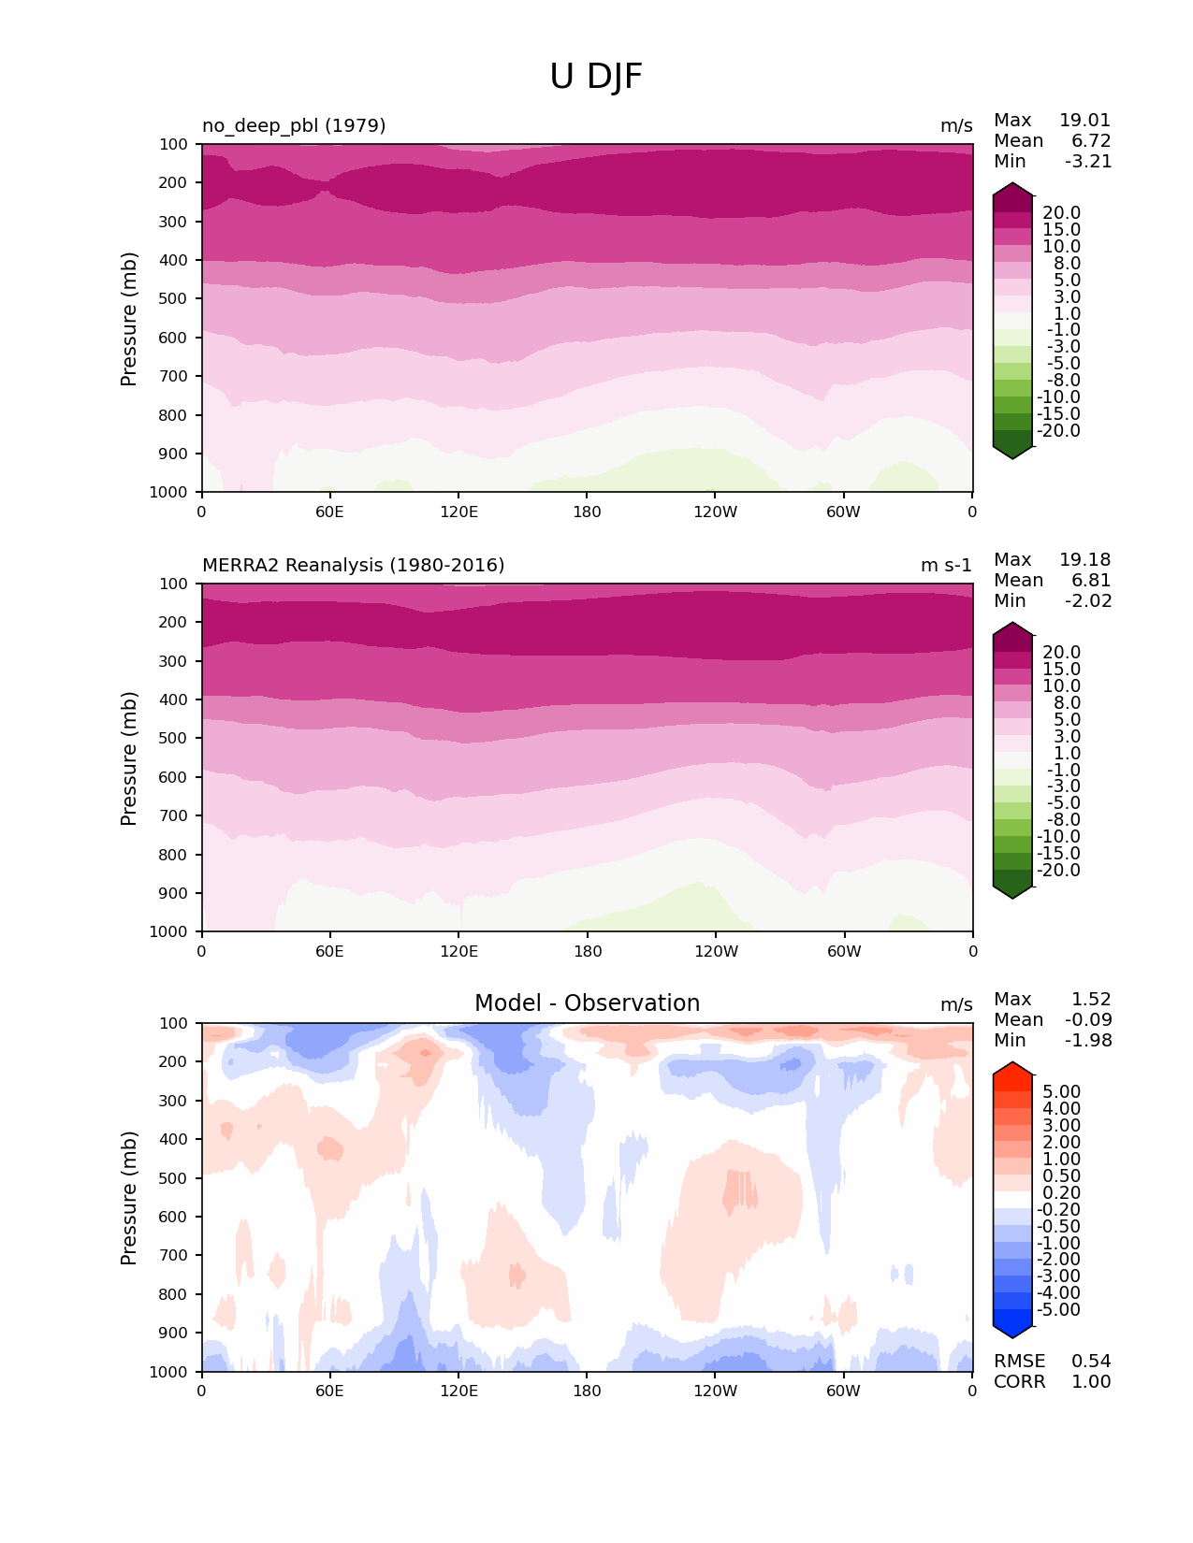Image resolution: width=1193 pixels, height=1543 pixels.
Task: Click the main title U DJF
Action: pos(596,77)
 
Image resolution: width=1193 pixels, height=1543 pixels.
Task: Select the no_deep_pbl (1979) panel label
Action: pos(294,125)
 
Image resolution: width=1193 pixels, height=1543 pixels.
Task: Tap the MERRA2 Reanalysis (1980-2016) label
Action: pos(353,565)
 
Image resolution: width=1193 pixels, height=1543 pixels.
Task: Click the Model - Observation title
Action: pos(587,1003)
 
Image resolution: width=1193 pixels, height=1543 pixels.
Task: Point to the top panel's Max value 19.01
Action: pos(1084,120)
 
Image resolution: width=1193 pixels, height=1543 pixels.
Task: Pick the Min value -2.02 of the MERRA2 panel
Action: pos(1088,600)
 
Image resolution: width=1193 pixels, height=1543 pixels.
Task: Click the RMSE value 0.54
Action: pos(1091,1361)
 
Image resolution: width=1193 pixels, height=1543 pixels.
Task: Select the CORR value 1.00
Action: pos(1091,1381)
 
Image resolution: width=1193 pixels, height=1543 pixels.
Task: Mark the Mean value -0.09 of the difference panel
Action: pos(1087,1019)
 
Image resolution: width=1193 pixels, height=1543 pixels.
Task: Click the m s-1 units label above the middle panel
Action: pos(946,565)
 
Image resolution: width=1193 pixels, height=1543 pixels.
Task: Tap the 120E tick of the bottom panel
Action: pos(458,1391)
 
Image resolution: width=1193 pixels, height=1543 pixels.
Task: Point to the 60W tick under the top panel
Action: pos(844,512)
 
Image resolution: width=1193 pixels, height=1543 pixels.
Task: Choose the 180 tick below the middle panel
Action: pos(588,951)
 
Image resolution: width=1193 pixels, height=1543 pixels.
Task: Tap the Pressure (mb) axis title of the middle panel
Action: pos(129,757)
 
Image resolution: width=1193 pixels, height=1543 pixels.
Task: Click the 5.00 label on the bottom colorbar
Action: pos(1062,1092)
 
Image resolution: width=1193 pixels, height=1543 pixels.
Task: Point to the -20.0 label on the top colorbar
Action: pos(1059,431)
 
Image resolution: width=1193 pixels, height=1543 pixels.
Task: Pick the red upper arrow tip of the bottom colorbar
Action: pos(1012,1068)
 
